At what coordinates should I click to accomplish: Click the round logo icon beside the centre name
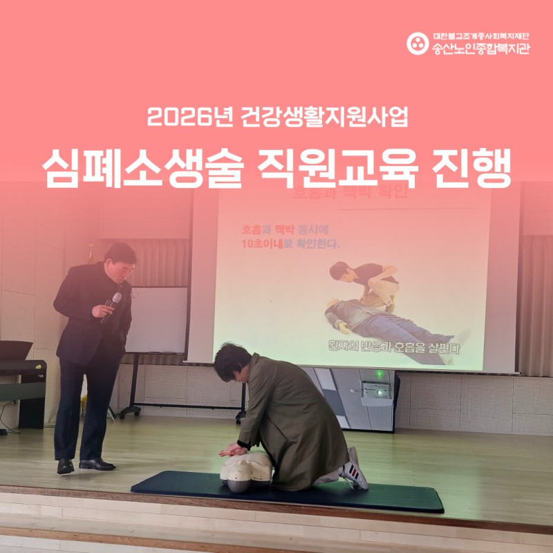(417, 43)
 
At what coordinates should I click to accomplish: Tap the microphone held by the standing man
(111, 305)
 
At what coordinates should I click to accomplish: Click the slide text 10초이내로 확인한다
(290, 245)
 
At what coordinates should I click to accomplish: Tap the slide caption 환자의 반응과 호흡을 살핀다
(395, 348)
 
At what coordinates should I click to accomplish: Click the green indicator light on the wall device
(378, 375)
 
